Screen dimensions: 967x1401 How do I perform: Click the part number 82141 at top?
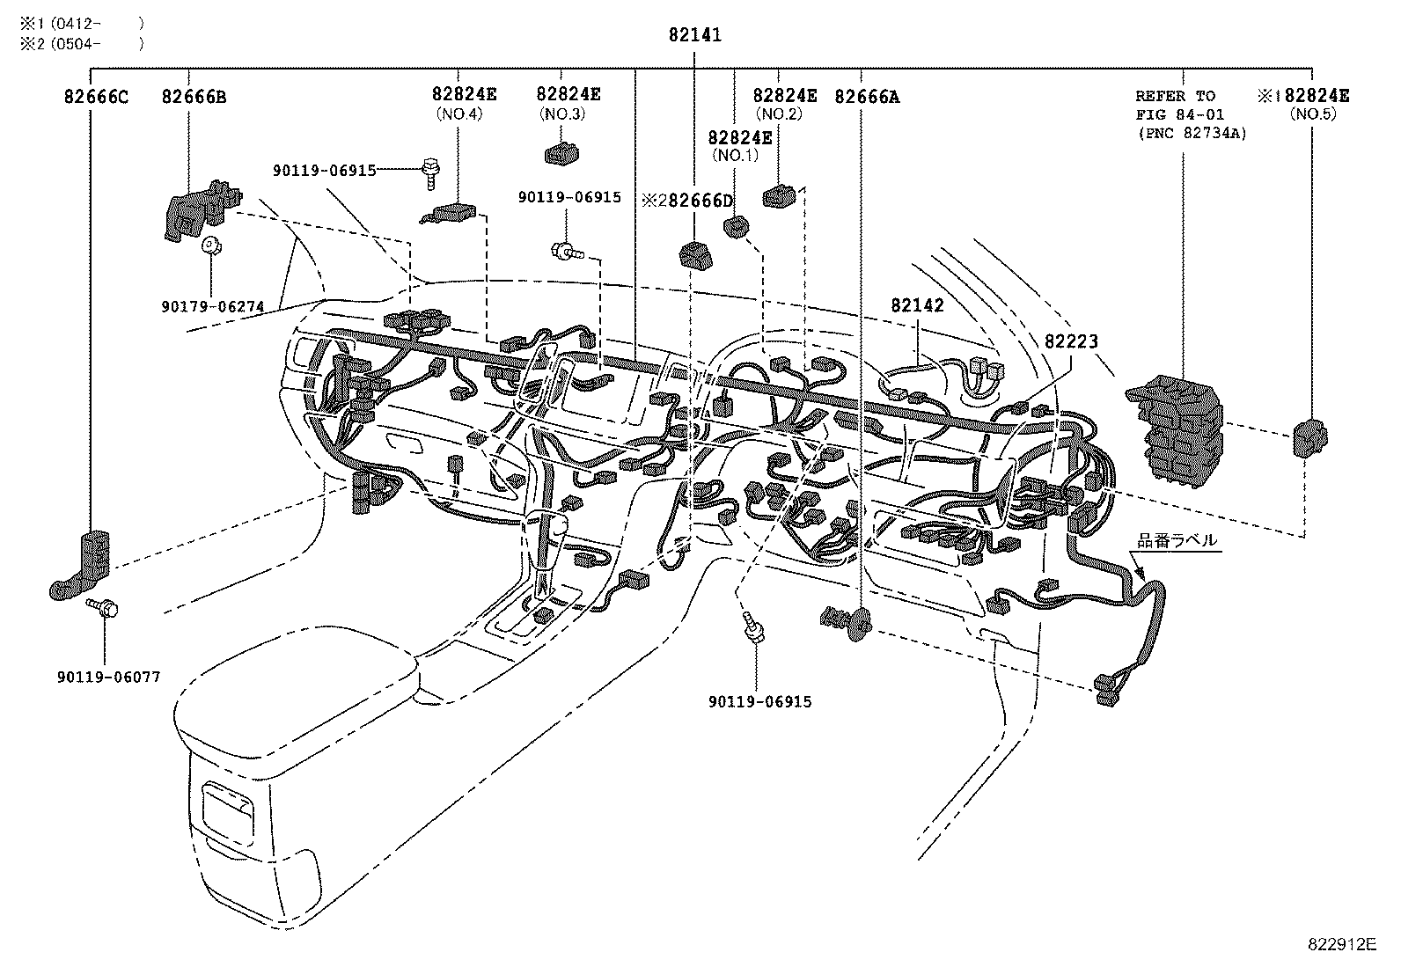coord(694,35)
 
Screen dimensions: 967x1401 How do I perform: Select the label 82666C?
coord(96,96)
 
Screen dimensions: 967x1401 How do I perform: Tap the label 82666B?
coord(194,96)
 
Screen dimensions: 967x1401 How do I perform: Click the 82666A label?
coord(867,96)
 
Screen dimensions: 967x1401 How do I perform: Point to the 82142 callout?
coord(917,305)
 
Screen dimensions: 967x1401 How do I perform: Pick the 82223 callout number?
coord(1071,341)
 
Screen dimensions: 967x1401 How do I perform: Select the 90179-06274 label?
coord(214,306)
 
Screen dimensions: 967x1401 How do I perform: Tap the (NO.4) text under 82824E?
coord(458,114)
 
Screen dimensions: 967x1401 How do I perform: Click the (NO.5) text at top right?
coord(1312,114)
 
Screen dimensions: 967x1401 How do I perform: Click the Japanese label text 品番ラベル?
coord(1177,540)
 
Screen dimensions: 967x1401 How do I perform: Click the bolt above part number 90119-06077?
coord(103,609)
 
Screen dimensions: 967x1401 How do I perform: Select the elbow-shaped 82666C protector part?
coord(84,565)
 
